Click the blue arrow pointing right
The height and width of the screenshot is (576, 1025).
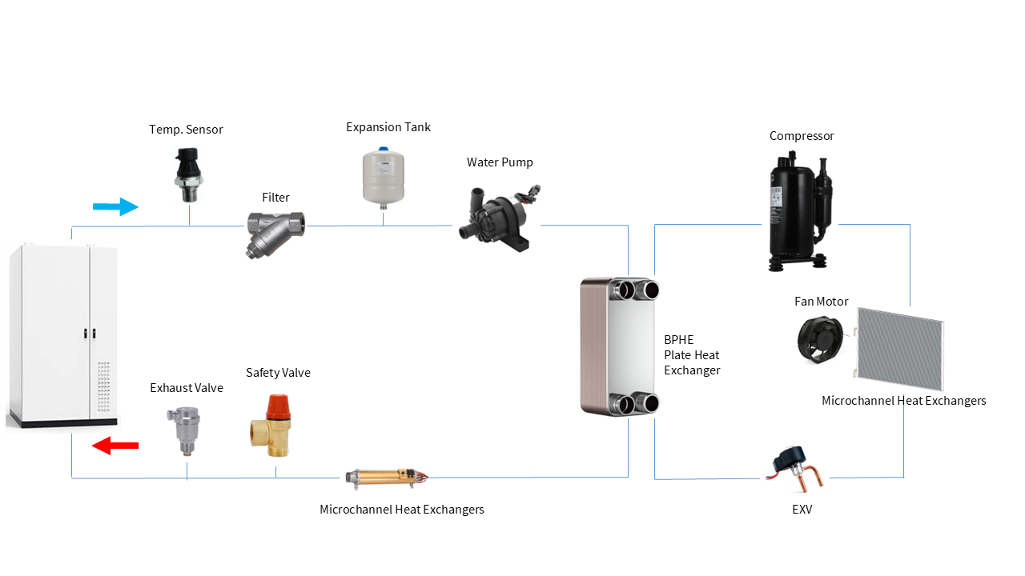pos(115,207)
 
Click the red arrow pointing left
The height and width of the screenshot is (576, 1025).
pos(115,445)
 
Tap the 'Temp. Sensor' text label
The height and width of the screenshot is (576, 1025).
pos(186,130)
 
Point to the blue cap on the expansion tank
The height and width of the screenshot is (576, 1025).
pos(384,149)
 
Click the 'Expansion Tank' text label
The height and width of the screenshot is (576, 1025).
pos(388,127)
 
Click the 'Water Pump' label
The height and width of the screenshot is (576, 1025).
pos(500,162)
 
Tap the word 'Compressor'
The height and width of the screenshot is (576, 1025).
pos(802,136)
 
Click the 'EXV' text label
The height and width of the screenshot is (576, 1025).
pos(801,509)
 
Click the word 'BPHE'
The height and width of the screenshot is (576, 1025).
pos(678,340)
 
